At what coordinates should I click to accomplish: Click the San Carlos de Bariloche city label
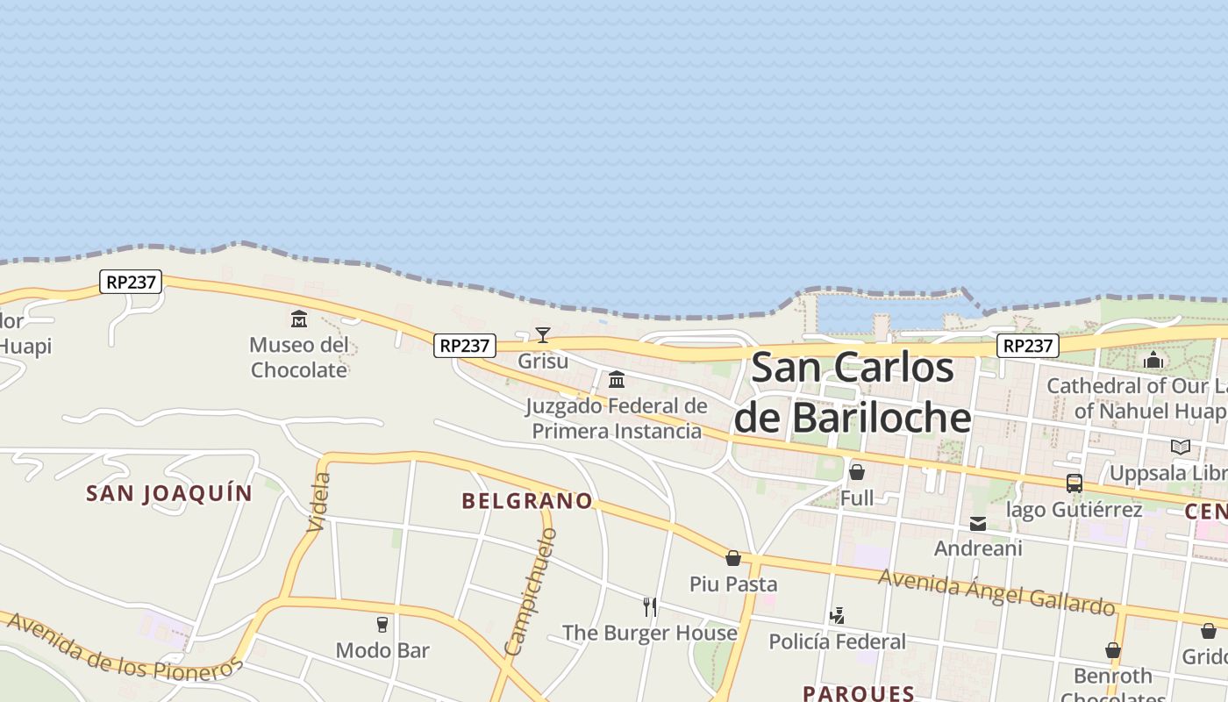click(x=853, y=391)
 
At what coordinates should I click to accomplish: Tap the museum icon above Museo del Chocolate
click(x=299, y=319)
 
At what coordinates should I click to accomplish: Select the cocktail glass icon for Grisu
click(x=543, y=334)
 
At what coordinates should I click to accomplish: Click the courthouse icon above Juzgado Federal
click(x=617, y=380)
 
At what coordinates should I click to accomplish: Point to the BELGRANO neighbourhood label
click(x=527, y=501)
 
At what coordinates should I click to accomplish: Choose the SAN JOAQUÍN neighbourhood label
click(x=169, y=493)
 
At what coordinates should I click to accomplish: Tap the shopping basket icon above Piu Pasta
click(x=733, y=558)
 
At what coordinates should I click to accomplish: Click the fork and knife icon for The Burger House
click(x=650, y=606)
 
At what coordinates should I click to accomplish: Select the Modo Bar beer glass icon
click(x=382, y=624)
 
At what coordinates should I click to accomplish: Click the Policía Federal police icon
click(x=838, y=616)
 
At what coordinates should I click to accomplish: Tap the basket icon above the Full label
click(x=857, y=472)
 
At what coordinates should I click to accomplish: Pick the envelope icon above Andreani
click(x=978, y=524)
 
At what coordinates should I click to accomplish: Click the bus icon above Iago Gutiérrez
click(x=1074, y=483)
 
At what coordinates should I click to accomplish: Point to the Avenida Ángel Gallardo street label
click(x=996, y=592)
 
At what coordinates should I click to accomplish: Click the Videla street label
click(x=320, y=502)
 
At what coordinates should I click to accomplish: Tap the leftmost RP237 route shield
click(x=131, y=282)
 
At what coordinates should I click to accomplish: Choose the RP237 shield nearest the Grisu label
click(x=465, y=346)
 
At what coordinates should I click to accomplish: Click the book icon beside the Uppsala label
click(x=1181, y=448)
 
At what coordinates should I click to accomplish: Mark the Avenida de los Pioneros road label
click(x=123, y=646)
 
